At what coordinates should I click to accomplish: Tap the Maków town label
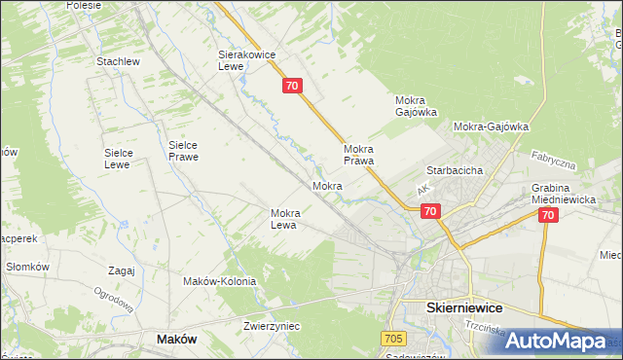[x=176, y=339]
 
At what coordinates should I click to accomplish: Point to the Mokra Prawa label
[x=359, y=155]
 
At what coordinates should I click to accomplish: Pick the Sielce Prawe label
[x=183, y=150]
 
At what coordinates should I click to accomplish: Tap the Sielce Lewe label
[x=125, y=159]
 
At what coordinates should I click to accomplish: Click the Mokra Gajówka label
[x=416, y=106]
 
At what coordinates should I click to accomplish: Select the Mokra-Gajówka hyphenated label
[x=491, y=126]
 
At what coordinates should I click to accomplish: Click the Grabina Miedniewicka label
[x=563, y=194]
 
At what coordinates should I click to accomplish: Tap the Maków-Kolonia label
[x=219, y=281]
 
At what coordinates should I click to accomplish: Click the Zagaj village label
[x=122, y=270]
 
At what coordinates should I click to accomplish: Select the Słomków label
[x=27, y=267]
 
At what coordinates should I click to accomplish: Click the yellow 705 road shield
[x=393, y=338]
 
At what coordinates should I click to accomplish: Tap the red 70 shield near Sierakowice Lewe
[x=294, y=87]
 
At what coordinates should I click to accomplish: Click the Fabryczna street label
[x=556, y=160]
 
